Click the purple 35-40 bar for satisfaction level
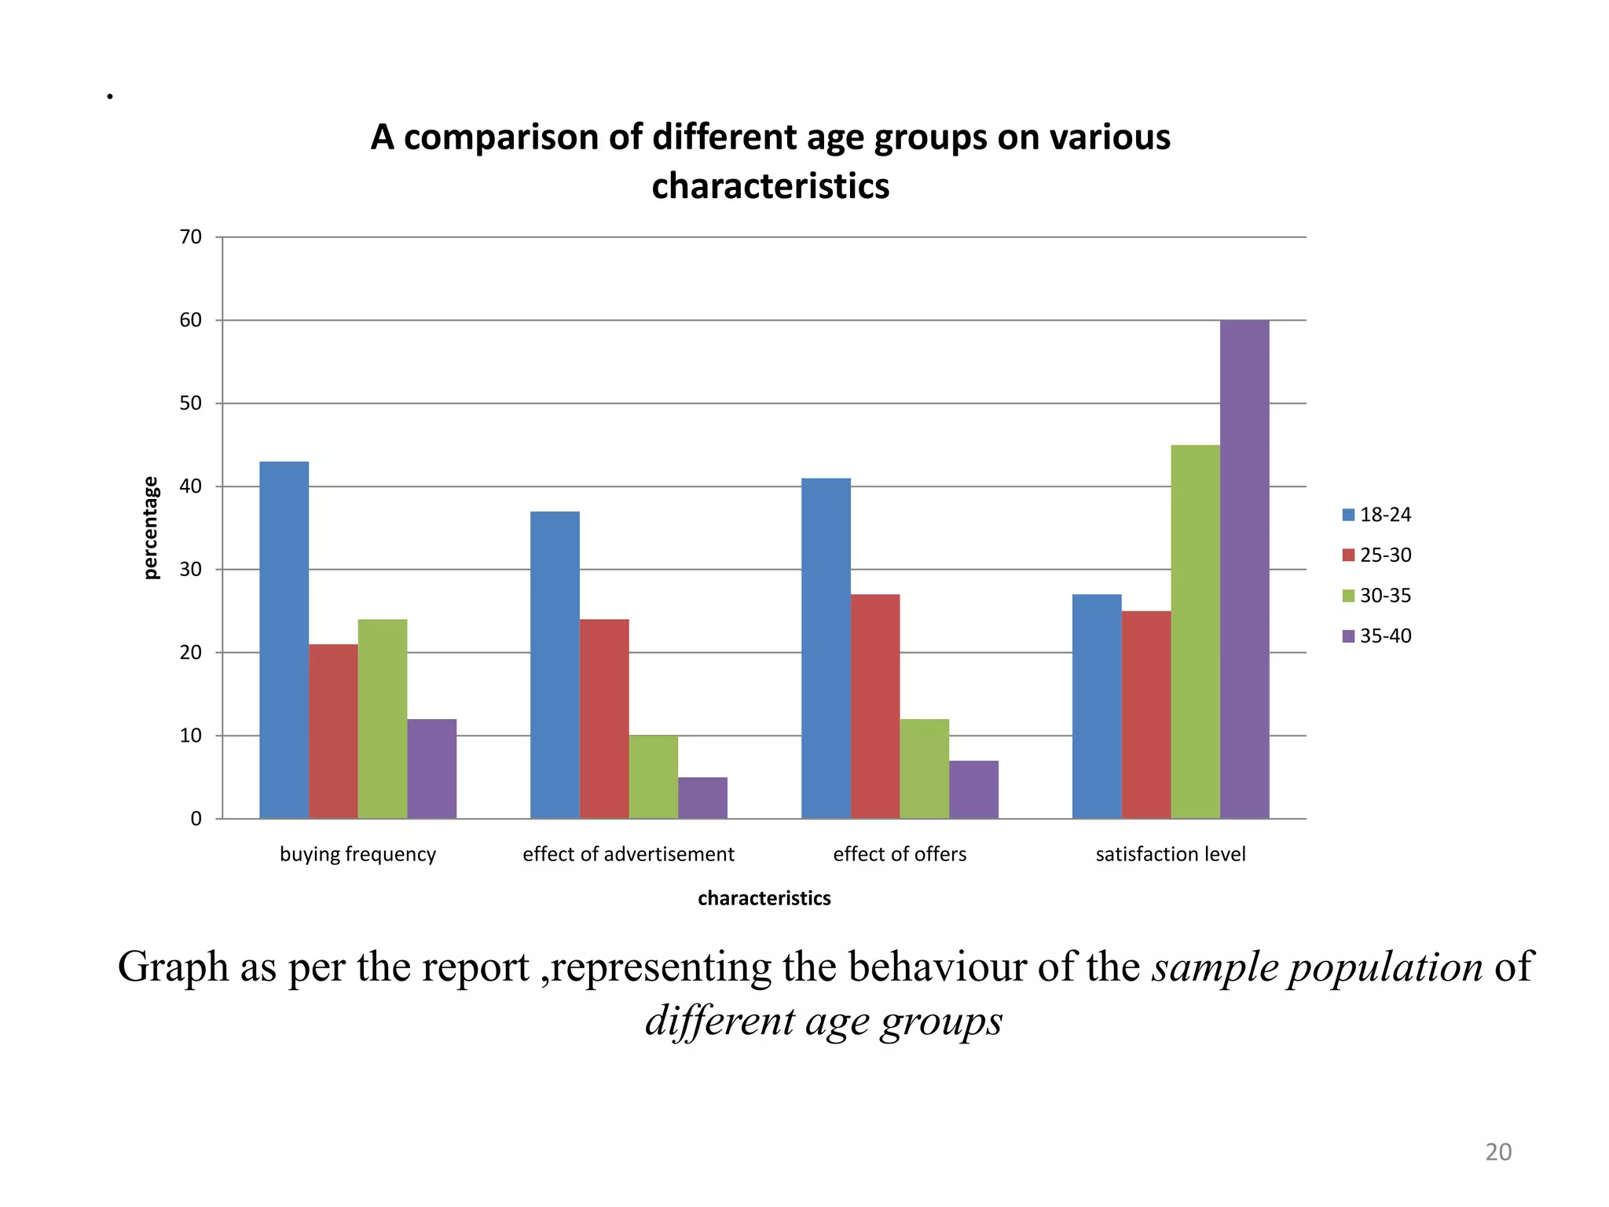pyautogui.click(x=1244, y=569)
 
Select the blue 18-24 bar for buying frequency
pyautogui.click(x=284, y=640)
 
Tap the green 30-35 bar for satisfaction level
pyautogui.click(x=1195, y=632)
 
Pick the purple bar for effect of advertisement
pyautogui.click(x=702, y=798)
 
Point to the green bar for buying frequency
pyautogui.click(x=383, y=718)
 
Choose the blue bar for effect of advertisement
pyautogui.click(x=555, y=665)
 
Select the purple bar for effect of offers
pyautogui.click(x=973, y=789)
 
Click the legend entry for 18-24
pyautogui.click(x=1376, y=515)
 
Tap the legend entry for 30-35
pyautogui.click(x=1376, y=596)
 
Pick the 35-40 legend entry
pyautogui.click(x=1376, y=636)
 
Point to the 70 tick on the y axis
pyautogui.click(x=191, y=237)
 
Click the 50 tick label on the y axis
pyautogui.click(x=191, y=403)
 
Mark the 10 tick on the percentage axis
pyautogui.click(x=191, y=736)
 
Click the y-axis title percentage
pyautogui.click(x=150, y=527)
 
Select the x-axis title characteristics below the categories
pyautogui.click(x=764, y=898)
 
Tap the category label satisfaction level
pyautogui.click(x=1170, y=854)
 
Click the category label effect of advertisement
pyautogui.click(x=628, y=854)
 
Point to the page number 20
pyautogui.click(x=1497, y=1152)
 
